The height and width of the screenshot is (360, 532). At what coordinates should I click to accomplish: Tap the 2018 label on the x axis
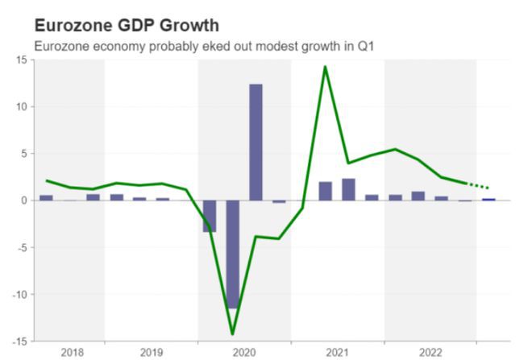tap(72, 352)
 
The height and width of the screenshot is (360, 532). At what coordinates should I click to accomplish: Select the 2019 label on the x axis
tap(151, 352)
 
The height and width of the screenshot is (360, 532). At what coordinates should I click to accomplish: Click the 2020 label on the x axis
tap(244, 352)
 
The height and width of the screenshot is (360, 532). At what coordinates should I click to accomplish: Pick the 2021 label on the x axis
tap(337, 352)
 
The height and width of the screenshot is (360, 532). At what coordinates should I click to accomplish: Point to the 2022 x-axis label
tap(430, 352)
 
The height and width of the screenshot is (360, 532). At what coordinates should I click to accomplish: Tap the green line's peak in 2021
tap(325, 67)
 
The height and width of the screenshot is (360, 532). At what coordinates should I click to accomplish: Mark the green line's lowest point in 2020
tap(232, 333)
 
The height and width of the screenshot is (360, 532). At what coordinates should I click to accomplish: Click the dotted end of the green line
tap(479, 185)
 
